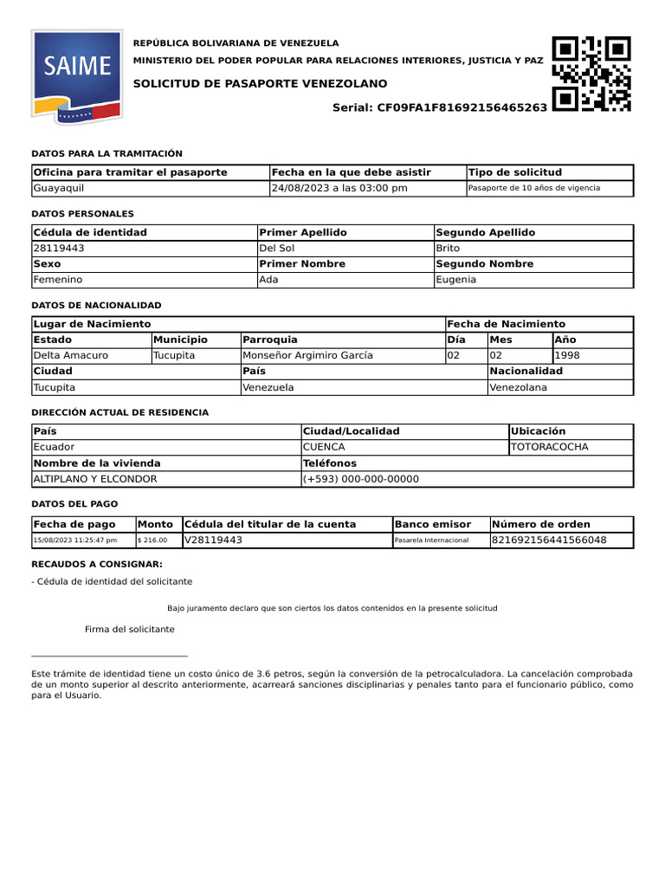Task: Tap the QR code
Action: pyautogui.click(x=591, y=74)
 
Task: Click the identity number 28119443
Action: pyautogui.click(x=59, y=248)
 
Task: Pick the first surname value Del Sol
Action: pyautogui.click(x=277, y=248)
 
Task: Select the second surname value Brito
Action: pyautogui.click(x=449, y=248)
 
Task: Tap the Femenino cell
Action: pyautogui.click(x=58, y=280)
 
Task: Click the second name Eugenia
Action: pyautogui.click(x=455, y=280)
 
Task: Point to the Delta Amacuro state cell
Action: pyautogui.click(x=71, y=355)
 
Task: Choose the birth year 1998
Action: pyautogui.click(x=568, y=355)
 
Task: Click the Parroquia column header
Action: pyautogui.click(x=270, y=340)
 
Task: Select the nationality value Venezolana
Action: pyautogui.click(x=519, y=387)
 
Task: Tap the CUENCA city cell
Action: pyautogui.click(x=324, y=447)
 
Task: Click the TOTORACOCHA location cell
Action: pyautogui.click(x=550, y=447)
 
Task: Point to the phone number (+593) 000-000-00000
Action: pyautogui.click(x=361, y=479)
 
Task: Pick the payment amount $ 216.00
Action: pyautogui.click(x=152, y=541)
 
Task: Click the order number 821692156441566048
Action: pyautogui.click(x=549, y=540)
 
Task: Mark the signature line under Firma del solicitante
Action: pyautogui.click(x=109, y=655)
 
